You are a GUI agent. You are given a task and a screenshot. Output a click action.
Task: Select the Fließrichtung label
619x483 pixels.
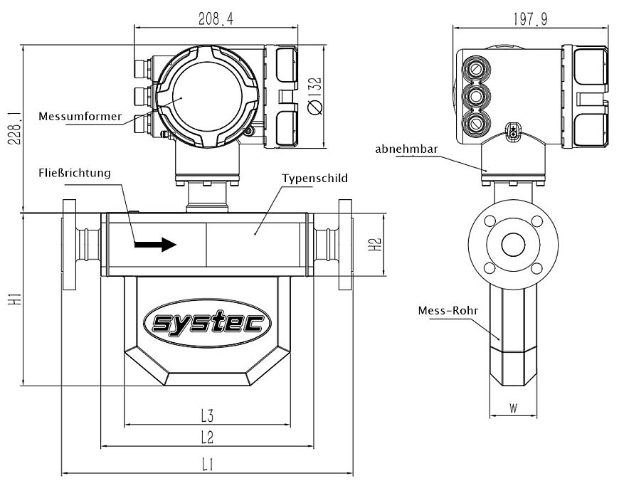75,173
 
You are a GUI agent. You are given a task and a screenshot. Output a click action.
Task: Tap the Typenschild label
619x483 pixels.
314,178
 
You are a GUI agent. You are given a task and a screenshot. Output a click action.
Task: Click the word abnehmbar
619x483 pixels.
406,149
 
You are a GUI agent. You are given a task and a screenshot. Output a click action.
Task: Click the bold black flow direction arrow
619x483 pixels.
155,245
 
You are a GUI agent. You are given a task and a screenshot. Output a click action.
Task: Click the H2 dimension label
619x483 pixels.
379,245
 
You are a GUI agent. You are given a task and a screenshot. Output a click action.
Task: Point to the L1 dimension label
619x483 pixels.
207,465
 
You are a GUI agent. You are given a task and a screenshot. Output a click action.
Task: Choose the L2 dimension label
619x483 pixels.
207,437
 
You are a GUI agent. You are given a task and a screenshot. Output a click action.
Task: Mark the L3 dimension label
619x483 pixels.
207,415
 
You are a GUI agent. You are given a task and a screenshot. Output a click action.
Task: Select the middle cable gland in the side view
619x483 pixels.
475,95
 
